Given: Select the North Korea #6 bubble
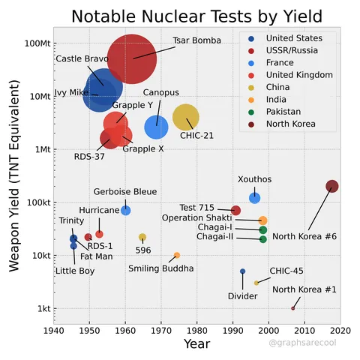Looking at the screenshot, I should [x=331, y=187].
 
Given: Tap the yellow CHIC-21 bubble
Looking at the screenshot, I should [x=186, y=117].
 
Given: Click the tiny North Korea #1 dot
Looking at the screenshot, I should [x=292, y=308].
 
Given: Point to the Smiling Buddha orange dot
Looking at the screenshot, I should [x=176, y=256].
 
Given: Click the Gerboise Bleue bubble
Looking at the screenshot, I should [x=126, y=210].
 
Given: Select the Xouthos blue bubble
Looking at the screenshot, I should [x=254, y=198].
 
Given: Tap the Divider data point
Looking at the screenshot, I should [x=242, y=271].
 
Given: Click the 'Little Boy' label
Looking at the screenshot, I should [x=75, y=271].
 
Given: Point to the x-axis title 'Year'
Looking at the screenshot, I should [x=196, y=344].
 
